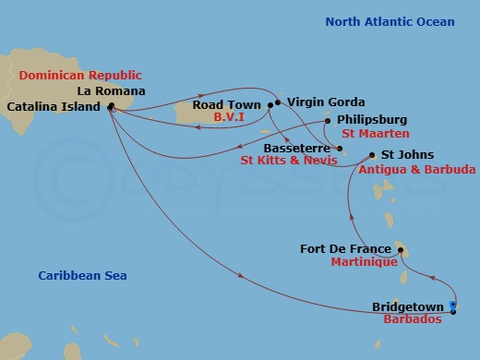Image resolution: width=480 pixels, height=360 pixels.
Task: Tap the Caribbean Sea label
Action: [x=82, y=276]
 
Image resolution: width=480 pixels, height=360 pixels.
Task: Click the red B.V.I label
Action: [x=228, y=118]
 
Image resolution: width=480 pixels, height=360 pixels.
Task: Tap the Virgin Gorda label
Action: [x=326, y=102]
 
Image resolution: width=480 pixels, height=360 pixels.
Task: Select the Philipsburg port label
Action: [x=371, y=120]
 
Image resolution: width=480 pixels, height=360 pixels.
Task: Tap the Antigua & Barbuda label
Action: [x=417, y=170]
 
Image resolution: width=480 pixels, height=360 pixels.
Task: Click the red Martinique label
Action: [x=364, y=262]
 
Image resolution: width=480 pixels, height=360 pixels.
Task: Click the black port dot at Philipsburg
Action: [x=328, y=120]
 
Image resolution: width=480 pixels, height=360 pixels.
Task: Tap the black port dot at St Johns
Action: [x=372, y=155]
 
